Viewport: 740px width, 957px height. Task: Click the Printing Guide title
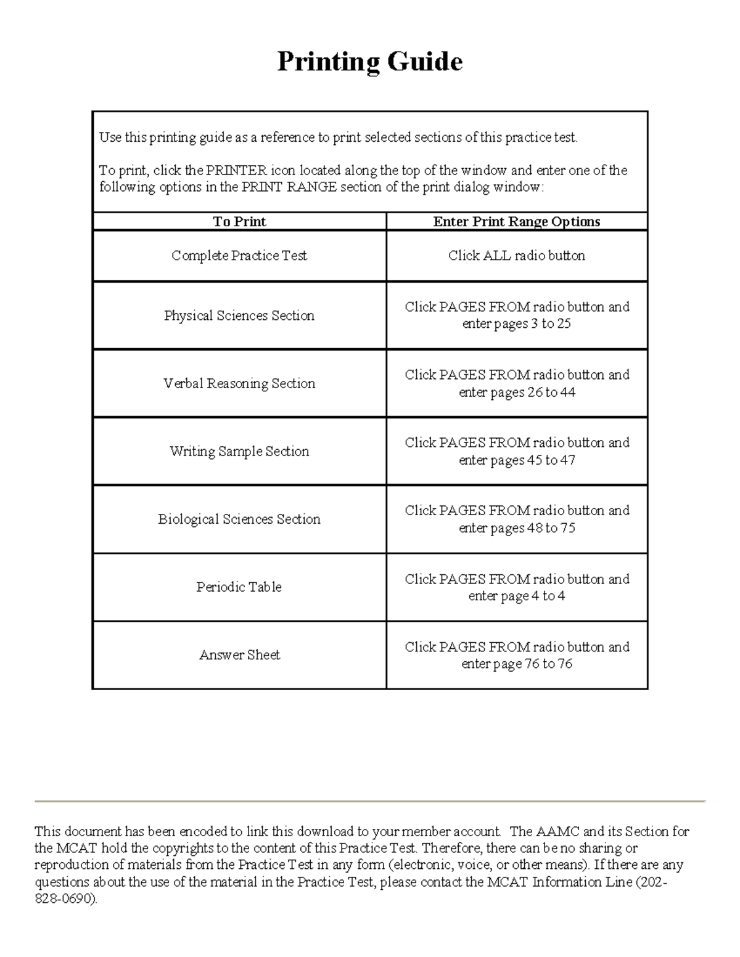coord(369,62)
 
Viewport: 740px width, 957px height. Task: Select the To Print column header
coord(239,222)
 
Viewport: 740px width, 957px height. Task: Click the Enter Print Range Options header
coord(517,222)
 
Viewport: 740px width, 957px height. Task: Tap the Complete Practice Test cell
coord(239,256)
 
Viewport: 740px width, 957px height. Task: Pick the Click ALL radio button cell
coord(517,256)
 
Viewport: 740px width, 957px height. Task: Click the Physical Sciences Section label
coord(239,316)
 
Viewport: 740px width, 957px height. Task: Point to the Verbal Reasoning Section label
coord(239,383)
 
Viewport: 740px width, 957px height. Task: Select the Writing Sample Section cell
coord(239,451)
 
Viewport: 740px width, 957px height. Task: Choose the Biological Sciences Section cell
coord(239,519)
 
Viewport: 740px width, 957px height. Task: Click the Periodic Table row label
coord(239,587)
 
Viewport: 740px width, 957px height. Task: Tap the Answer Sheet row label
coord(239,655)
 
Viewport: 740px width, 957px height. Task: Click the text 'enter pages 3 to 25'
coord(517,324)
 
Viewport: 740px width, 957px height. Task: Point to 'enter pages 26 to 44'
coord(517,393)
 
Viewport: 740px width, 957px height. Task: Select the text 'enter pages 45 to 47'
coord(517,460)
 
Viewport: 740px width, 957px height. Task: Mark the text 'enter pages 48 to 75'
coord(517,528)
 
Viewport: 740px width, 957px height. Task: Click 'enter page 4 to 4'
coord(517,597)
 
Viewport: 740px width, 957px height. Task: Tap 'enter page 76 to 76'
coord(517,664)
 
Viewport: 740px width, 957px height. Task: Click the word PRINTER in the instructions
coord(237,171)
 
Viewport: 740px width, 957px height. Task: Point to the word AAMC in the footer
coord(558,832)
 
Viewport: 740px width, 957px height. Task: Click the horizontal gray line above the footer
coord(370,801)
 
